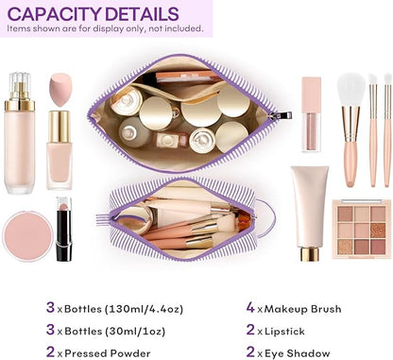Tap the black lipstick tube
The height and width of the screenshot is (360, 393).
(x=63, y=230)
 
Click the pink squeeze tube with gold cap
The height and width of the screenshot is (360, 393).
(x=309, y=210)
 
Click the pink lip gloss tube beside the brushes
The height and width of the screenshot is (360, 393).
(x=312, y=113)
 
